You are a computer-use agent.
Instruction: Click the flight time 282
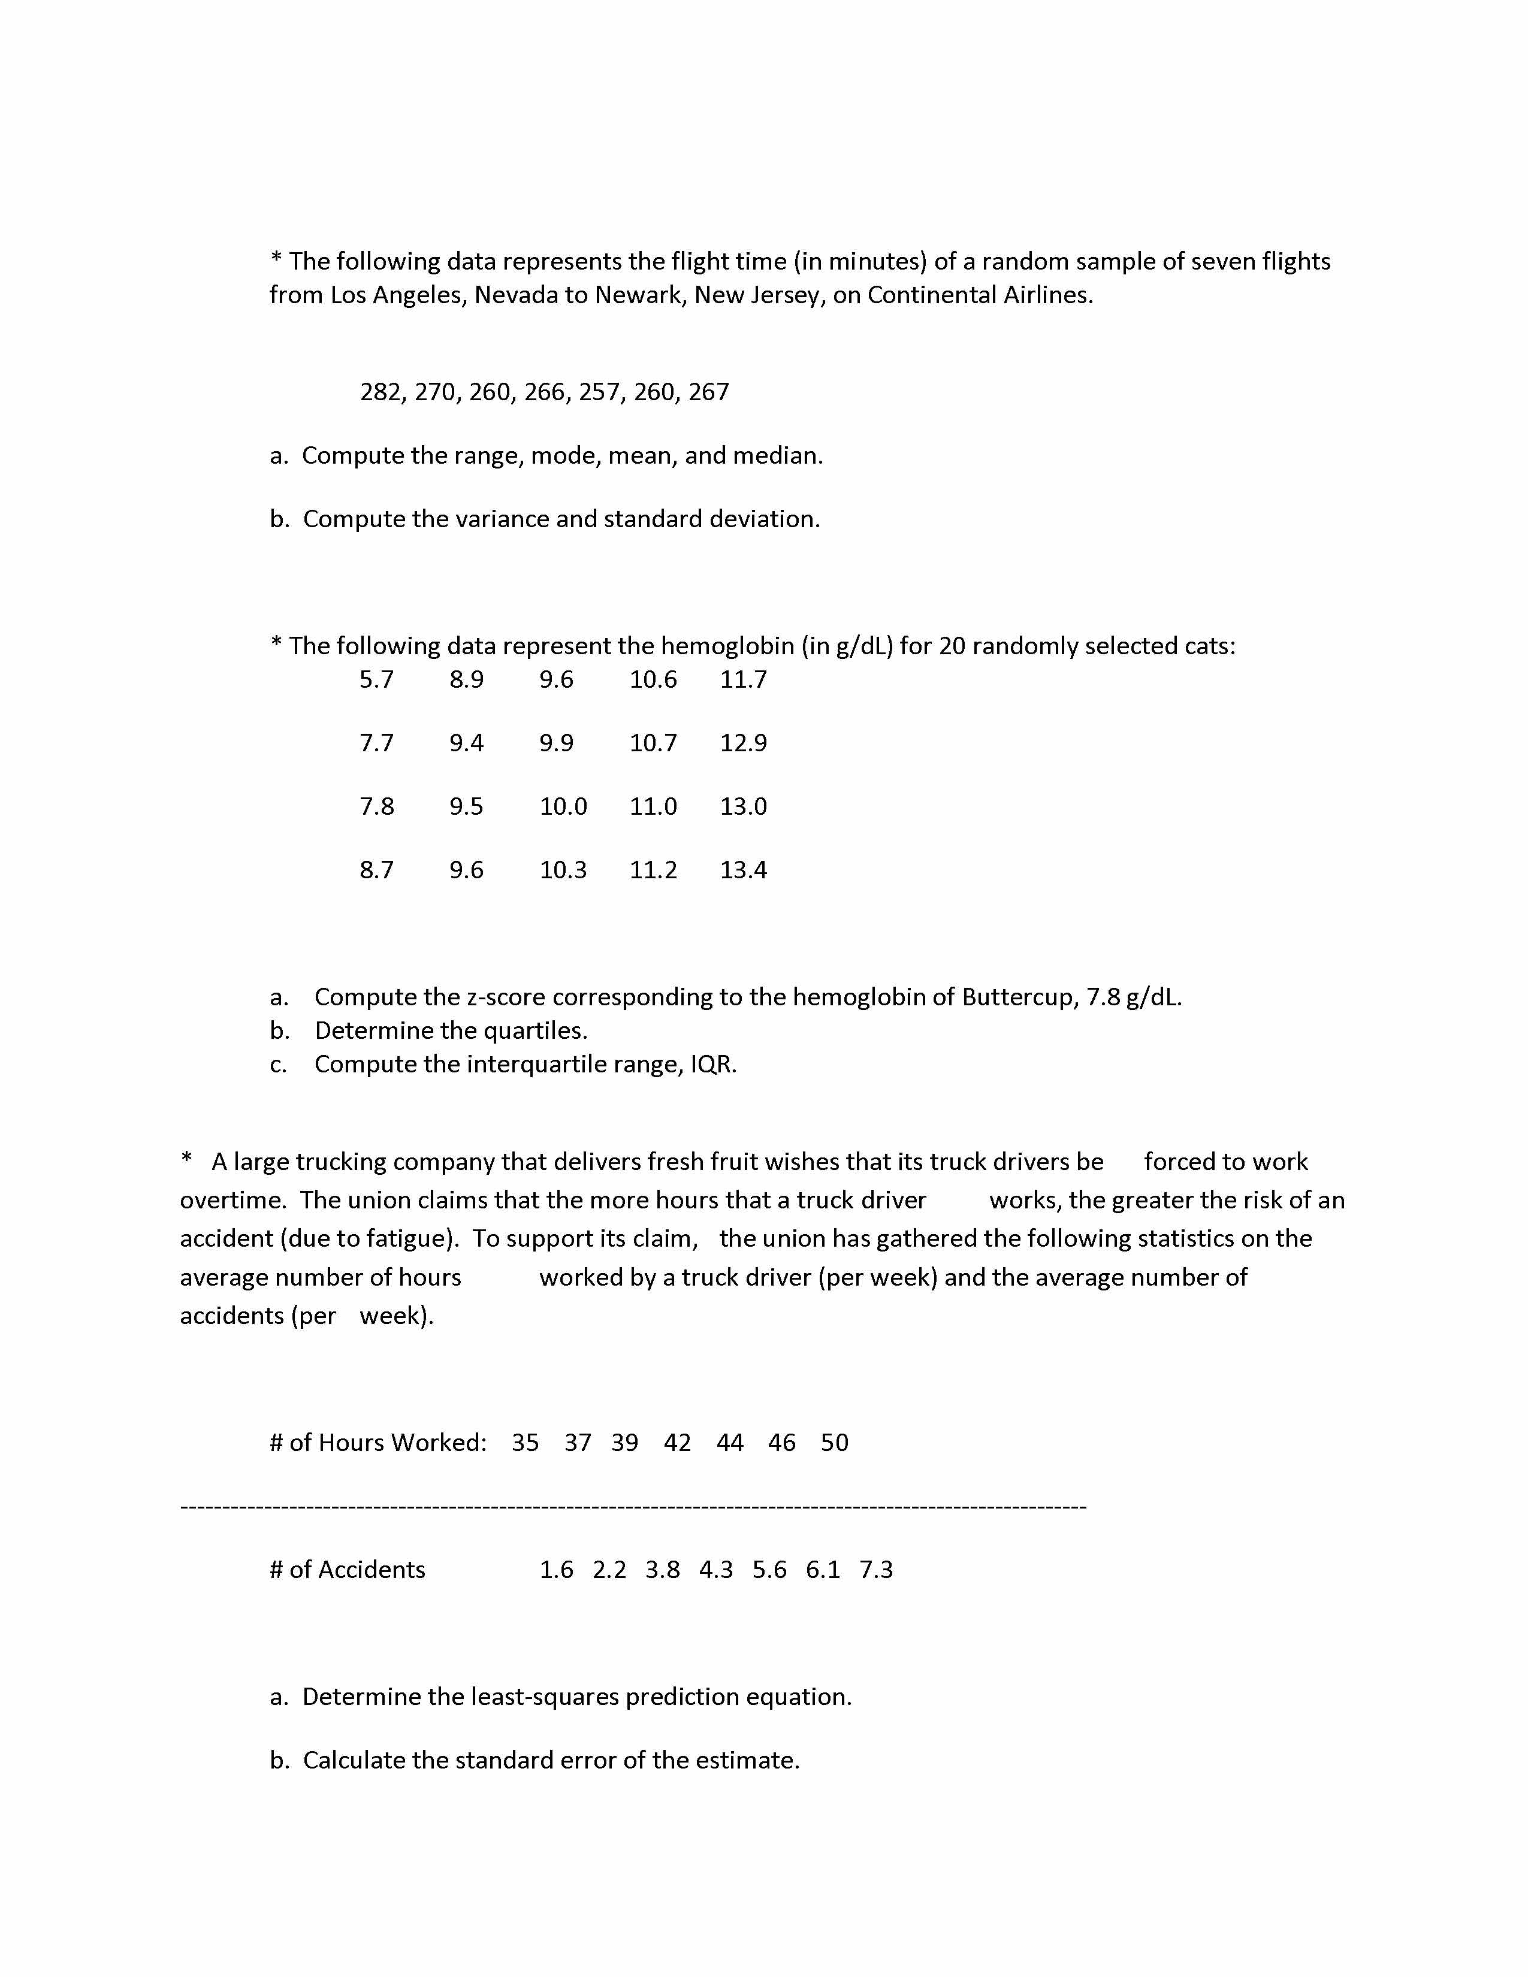coord(380,392)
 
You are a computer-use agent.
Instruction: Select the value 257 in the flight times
coord(599,392)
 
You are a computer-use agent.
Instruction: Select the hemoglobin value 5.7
coord(376,679)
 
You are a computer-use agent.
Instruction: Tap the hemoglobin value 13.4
coord(743,870)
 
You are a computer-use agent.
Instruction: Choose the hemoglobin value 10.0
coord(563,806)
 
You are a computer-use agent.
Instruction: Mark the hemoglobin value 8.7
coord(376,870)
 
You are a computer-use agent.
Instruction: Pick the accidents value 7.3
coord(876,1570)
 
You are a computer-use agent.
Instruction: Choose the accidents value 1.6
coord(557,1570)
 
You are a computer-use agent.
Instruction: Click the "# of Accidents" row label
coord(348,1570)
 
